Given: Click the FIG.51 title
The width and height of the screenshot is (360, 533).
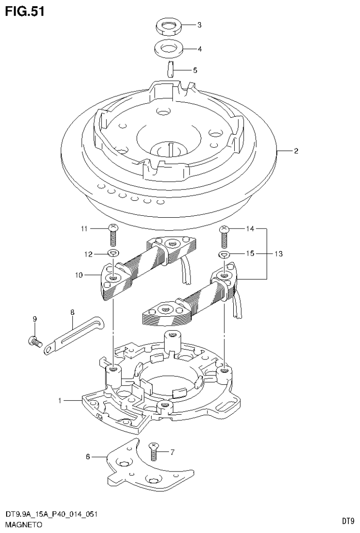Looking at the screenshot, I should coord(25,11).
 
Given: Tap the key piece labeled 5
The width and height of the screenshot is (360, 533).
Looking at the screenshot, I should coord(171,70).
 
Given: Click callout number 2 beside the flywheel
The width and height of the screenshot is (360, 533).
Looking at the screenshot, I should coord(296,151).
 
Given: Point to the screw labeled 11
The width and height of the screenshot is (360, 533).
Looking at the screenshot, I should coord(112,235).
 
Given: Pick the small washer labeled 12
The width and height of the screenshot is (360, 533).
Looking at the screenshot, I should coord(113,254).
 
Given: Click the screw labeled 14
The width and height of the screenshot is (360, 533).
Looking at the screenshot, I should coord(225,237).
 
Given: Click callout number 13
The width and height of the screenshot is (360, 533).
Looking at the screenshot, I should coord(278,253).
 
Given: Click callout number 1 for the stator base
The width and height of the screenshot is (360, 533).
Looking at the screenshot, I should coord(61,401).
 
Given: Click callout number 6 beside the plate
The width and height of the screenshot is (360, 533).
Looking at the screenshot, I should coord(88,456).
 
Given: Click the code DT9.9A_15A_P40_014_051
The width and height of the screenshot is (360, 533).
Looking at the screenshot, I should coord(51,515).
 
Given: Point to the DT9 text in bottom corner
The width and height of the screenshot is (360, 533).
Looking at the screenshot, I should coord(347,521).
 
